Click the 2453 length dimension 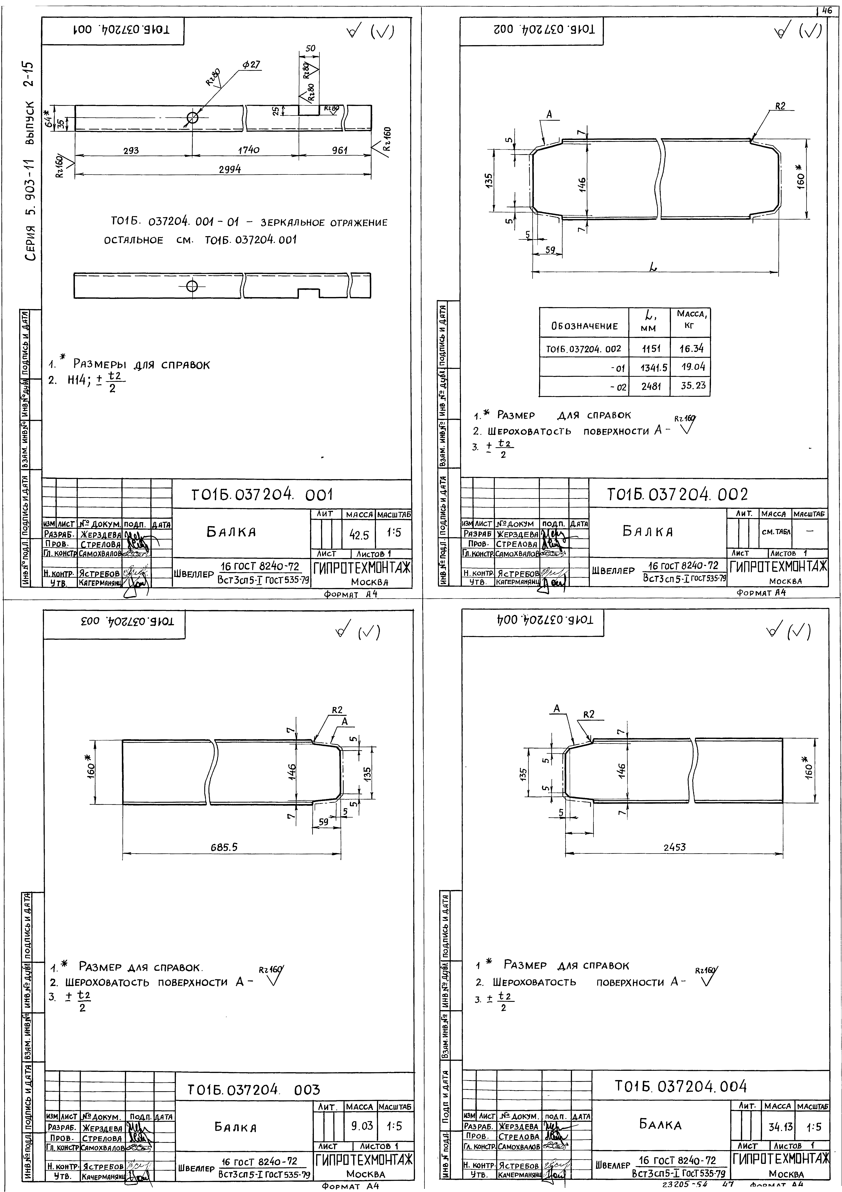(x=674, y=847)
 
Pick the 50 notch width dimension (x=310, y=48)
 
